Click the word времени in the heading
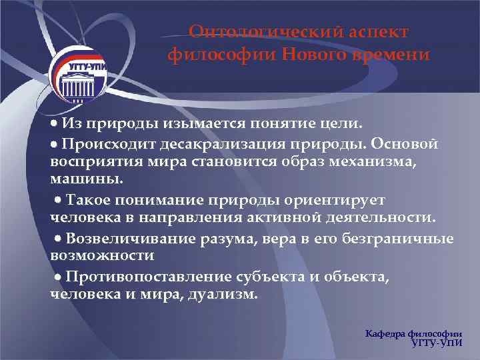[393, 54]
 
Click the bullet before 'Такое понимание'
[59, 199]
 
